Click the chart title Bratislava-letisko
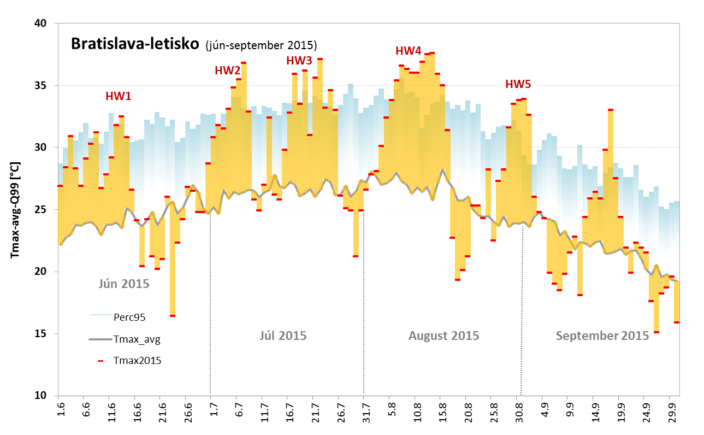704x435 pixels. (x=134, y=44)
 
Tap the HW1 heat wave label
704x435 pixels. (x=119, y=96)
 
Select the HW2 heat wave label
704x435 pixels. (x=227, y=70)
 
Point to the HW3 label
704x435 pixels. (x=299, y=61)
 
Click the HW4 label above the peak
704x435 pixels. (x=409, y=51)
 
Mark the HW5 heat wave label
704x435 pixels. (x=518, y=84)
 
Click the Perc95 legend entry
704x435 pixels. (x=129, y=316)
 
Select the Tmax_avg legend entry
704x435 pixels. (x=137, y=339)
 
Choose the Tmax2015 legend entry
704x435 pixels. (x=137, y=360)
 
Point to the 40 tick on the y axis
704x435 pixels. (x=42, y=23)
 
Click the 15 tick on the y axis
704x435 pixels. (x=42, y=333)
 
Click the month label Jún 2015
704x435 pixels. (x=124, y=284)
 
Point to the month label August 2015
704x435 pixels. (x=443, y=336)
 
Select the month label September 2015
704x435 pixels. (x=602, y=336)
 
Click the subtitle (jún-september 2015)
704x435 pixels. (x=261, y=45)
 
